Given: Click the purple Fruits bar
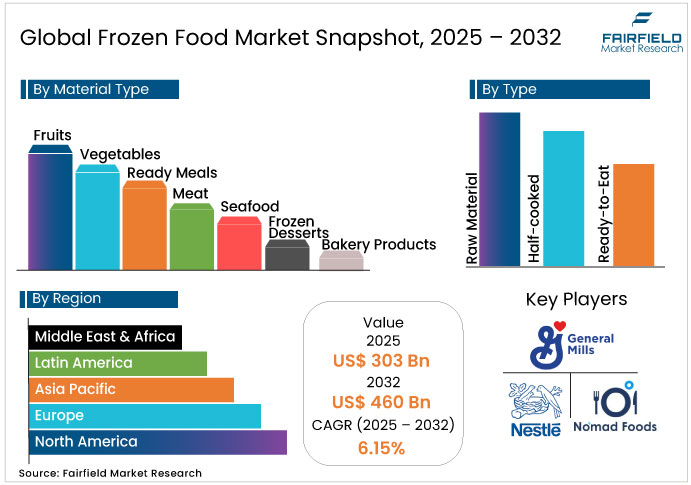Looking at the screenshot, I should click(x=49, y=210).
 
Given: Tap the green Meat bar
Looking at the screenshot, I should click(x=190, y=238).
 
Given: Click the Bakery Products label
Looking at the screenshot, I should click(x=378, y=244).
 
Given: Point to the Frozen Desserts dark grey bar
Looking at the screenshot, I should click(x=286, y=257).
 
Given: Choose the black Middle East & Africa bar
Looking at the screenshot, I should click(x=104, y=337).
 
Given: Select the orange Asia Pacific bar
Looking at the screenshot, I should click(x=130, y=389).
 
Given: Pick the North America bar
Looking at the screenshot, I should click(x=157, y=441).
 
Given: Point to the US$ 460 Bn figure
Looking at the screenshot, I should click(x=383, y=403).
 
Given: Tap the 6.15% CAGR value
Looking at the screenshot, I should click(x=382, y=448).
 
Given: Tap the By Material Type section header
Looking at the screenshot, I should click(x=99, y=90).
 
